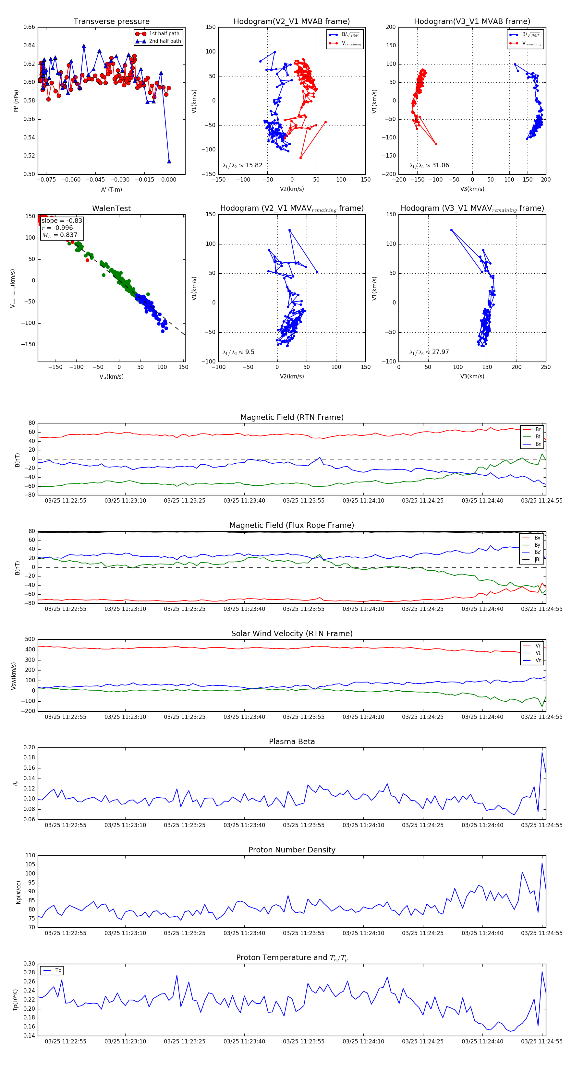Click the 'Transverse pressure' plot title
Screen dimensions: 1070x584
111,22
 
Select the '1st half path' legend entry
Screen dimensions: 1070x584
164,34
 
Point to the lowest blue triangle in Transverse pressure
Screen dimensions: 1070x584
169,161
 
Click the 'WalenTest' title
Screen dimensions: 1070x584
111,208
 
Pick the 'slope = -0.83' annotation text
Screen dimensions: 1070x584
62,220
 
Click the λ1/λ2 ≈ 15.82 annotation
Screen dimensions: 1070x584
242,165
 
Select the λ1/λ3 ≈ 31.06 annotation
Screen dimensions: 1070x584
429,165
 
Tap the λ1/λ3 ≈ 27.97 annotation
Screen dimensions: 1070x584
429,352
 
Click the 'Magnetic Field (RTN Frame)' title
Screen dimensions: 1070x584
292,417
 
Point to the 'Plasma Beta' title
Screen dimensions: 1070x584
292,742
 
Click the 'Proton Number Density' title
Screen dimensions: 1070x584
292,850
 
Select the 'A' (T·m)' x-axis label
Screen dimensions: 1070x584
111,189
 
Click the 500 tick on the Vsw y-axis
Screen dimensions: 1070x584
30,639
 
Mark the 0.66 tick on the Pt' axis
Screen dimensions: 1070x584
29,28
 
